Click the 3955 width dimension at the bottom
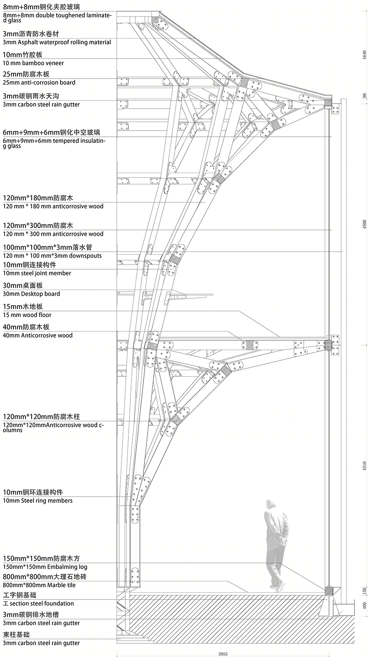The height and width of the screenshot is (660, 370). tap(223, 654)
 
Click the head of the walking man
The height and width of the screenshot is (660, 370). tap(271, 505)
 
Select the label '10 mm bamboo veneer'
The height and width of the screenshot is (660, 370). tap(33, 63)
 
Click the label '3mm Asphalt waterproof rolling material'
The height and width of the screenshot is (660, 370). tap(57, 42)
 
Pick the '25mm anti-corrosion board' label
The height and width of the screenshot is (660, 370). tap(39, 82)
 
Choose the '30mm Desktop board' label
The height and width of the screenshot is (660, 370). tap(31, 294)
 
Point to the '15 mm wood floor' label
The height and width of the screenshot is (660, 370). tap(27, 315)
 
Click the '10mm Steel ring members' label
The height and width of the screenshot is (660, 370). tap(37, 500)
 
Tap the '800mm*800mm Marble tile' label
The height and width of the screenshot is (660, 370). tap(39, 585)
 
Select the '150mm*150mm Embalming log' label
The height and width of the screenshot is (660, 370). tap(45, 567)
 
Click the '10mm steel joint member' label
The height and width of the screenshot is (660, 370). tap(37, 273)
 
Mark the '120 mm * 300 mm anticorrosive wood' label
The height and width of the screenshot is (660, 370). tap(53, 234)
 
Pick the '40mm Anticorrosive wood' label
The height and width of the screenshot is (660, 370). tap(37, 335)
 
